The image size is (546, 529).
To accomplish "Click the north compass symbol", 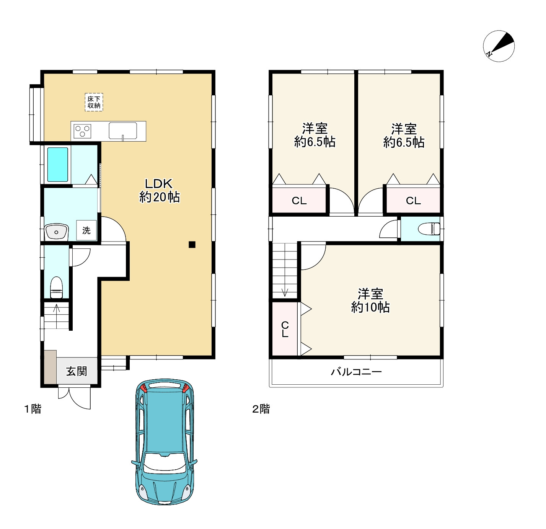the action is [499, 46].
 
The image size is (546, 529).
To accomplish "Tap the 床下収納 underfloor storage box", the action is [94, 102].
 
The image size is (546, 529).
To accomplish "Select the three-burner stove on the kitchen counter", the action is [82, 131].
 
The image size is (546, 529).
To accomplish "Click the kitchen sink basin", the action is [123, 131].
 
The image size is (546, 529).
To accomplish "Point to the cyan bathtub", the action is [57, 165].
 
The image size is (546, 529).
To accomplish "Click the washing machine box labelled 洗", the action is [86, 230].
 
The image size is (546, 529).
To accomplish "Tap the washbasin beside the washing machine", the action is [56, 232].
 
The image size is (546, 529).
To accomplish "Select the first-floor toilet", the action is [56, 287].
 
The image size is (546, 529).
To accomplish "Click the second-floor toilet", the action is [429, 229].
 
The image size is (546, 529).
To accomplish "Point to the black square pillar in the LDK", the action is [192, 245].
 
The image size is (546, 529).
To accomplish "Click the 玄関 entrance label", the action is [77, 371].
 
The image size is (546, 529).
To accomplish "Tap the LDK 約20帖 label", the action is [160, 191].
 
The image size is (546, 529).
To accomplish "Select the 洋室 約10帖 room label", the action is [370, 300].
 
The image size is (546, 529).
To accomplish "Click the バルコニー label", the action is [356, 372].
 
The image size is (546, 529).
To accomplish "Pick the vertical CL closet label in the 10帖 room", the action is [285, 330].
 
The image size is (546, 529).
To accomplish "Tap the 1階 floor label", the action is [33, 409].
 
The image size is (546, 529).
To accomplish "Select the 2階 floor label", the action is [261, 409].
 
